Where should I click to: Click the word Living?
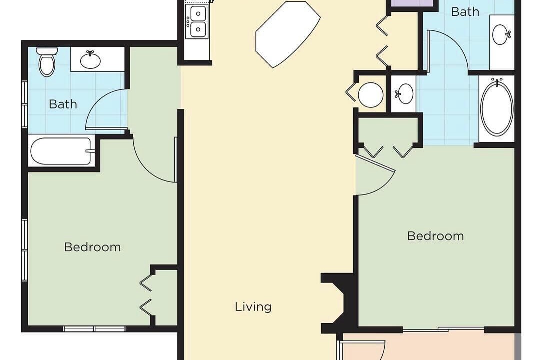[253, 307]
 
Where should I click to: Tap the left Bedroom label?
[92, 247]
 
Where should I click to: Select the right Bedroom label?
[435, 236]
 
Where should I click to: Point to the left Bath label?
[63, 104]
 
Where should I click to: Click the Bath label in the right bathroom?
[465, 12]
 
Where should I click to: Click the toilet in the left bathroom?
[47, 62]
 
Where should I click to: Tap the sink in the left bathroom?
[90, 60]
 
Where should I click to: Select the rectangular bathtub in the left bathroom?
[62, 151]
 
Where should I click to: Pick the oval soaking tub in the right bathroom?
[497, 107]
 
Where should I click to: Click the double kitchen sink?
[197, 22]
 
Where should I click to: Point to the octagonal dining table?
[288, 34]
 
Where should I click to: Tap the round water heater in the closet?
[371, 94]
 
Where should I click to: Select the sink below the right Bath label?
[501, 34]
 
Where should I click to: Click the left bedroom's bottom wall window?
[94, 329]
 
